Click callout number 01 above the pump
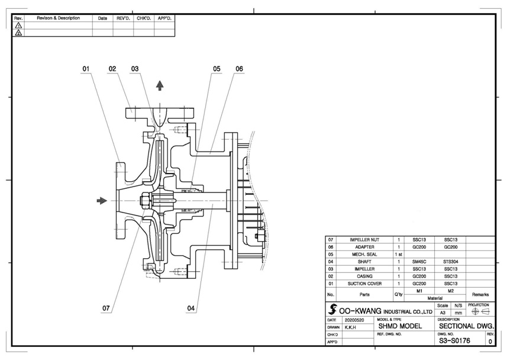point(86,69)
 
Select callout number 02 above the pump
point(112,69)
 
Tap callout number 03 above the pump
point(135,69)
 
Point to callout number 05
point(217,69)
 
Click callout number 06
point(239,69)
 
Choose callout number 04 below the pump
point(191,308)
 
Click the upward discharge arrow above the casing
point(160,85)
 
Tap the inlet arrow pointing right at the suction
point(102,201)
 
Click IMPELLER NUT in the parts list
point(364,239)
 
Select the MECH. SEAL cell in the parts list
point(364,253)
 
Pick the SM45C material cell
point(419,261)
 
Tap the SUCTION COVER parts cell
point(364,283)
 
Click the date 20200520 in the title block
point(355,319)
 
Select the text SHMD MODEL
point(400,326)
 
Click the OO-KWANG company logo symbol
point(332,310)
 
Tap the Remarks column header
point(480,294)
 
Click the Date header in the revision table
point(102,18)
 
